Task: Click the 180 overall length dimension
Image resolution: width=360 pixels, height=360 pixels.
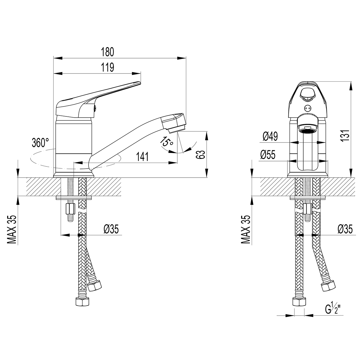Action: pos(108,52)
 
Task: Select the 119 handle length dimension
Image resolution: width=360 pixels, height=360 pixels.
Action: pos(108,67)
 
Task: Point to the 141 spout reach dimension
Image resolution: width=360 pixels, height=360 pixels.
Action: pos(142,157)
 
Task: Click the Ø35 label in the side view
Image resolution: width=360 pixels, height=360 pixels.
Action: pos(111,229)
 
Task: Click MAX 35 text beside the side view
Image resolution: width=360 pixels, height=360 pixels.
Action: pos(12,229)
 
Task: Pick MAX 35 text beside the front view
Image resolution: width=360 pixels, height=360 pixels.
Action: pos(246,229)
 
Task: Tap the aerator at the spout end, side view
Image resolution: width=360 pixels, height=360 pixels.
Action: pos(177,129)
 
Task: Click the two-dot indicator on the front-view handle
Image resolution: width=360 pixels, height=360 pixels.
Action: pos(307,108)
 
